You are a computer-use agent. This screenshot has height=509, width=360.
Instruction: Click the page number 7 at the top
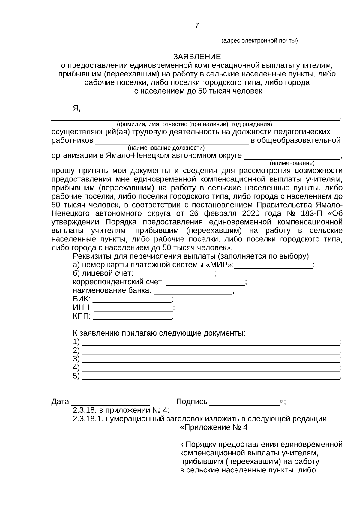click(x=197, y=26)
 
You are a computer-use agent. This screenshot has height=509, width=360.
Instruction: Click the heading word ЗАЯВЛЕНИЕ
click(x=197, y=57)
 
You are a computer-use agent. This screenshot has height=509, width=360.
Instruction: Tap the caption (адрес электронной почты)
click(x=259, y=41)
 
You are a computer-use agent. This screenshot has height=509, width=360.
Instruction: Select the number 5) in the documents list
click(x=76, y=376)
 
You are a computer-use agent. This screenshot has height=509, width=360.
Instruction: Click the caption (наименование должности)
click(x=166, y=148)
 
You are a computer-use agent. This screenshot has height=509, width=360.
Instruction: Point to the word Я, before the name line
click(x=76, y=108)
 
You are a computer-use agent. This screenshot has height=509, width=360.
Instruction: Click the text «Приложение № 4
click(x=214, y=427)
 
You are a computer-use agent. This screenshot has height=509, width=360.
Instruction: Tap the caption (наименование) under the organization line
click(x=292, y=163)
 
